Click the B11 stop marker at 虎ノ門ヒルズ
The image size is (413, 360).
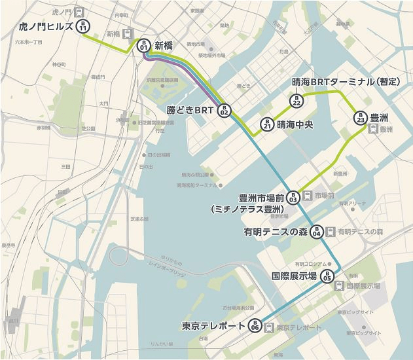click(83, 27)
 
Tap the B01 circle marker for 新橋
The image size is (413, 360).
click(143, 46)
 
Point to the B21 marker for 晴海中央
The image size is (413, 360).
click(266, 124)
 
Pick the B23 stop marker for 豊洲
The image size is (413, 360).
click(359, 118)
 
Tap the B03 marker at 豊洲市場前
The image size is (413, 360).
click(293, 196)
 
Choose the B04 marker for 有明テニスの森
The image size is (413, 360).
click(316, 232)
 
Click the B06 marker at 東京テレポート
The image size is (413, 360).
click(255, 326)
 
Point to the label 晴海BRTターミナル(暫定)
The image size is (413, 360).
click(345, 82)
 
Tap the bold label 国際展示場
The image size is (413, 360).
click(295, 276)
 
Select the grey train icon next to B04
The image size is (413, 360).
click(331, 232)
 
